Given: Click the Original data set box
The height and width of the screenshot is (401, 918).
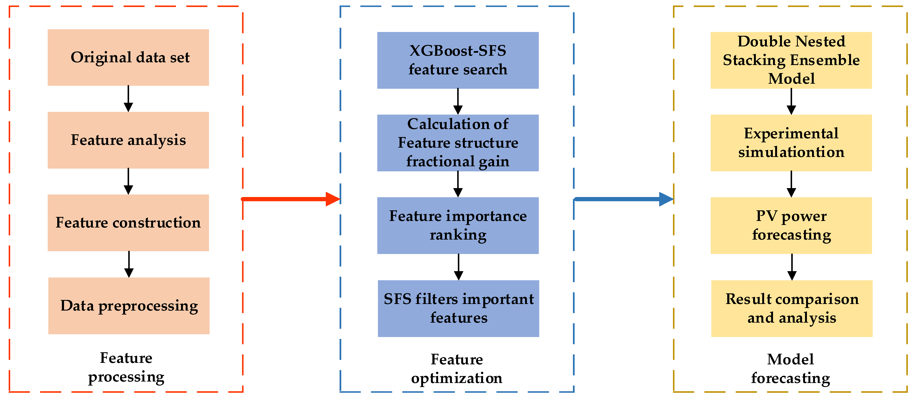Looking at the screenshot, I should (x=128, y=57).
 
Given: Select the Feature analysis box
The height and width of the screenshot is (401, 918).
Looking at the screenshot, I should (x=128, y=140).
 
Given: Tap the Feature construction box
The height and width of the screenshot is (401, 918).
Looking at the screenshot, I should (x=128, y=223).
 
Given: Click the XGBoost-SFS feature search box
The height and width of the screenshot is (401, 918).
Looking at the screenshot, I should (x=458, y=60).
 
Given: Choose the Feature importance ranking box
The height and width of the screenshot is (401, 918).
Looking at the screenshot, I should (x=458, y=225).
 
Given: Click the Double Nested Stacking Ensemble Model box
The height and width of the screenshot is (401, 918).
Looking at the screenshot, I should (x=791, y=60).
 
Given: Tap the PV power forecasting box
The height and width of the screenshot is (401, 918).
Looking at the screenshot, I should (x=791, y=225).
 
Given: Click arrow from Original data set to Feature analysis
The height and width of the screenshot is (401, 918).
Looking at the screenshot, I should (x=128, y=99).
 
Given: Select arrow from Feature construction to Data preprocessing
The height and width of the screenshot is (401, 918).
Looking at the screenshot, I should (x=129, y=264).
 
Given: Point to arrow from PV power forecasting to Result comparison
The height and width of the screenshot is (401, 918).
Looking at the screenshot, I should (x=792, y=267).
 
